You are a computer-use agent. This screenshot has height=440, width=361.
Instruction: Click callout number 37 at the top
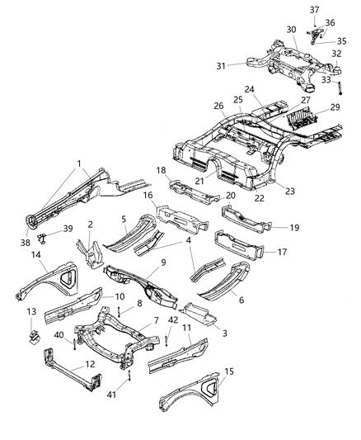315,9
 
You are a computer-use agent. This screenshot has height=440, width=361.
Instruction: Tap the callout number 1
79,163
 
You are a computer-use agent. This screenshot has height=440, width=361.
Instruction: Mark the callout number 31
221,67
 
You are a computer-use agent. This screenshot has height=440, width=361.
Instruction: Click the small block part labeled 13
34,338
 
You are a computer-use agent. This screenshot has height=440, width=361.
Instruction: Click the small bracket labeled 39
47,241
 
